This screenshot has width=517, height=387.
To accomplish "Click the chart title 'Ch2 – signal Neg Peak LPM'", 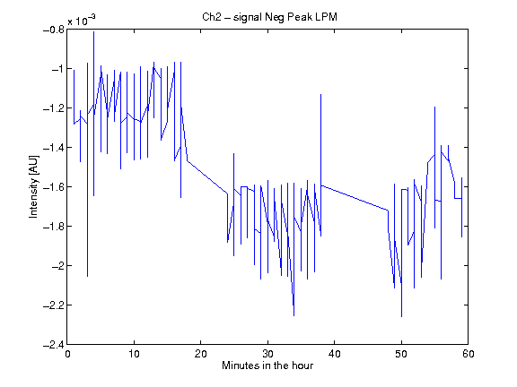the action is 269,17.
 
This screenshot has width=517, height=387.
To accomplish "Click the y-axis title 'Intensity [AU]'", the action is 33,186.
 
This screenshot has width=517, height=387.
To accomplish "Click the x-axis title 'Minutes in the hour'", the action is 267,365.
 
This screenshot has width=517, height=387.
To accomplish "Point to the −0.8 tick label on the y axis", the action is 54,30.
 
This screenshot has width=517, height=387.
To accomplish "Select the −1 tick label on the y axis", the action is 57,69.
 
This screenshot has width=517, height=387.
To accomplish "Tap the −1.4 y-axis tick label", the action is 54,148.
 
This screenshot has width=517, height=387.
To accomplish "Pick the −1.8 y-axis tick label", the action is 54,227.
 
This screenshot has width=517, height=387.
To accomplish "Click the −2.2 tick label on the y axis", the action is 54,305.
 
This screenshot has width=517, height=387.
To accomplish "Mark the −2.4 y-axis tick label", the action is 54,345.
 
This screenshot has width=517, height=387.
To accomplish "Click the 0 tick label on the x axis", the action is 67,354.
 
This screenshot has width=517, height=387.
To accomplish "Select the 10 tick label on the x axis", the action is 135,354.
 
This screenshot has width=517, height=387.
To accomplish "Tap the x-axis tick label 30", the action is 267,354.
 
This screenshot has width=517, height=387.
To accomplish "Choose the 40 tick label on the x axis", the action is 334,354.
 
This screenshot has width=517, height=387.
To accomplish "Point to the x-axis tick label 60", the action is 469,354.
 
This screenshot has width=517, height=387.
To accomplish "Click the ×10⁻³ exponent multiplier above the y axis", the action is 82,20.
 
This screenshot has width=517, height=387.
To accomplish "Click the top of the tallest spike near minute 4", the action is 94,31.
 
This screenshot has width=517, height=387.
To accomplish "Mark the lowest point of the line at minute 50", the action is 401,316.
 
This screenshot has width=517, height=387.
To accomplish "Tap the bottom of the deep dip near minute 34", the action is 294,315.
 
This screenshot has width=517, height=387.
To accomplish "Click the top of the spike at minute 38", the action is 320,94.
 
